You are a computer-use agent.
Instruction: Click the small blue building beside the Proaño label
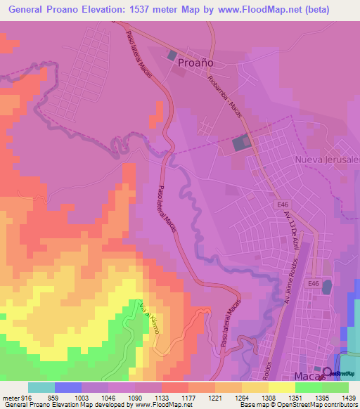pos(171,54)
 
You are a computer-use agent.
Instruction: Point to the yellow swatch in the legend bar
pos(281,387)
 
